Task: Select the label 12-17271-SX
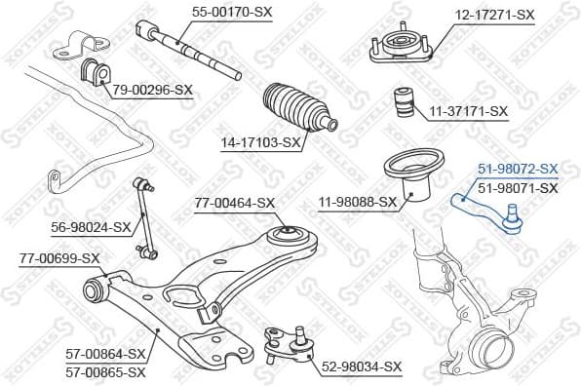pyautogui.click(x=496, y=15)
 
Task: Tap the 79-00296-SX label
pyautogui.click(x=152, y=90)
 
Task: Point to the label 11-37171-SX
pyautogui.click(x=469, y=111)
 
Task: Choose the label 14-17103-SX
pyautogui.click(x=260, y=141)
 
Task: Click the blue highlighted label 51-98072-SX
pyautogui.click(x=518, y=169)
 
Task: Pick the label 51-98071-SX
pyautogui.click(x=518, y=187)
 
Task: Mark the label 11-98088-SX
pyautogui.click(x=357, y=203)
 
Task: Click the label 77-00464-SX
pyautogui.click(x=235, y=203)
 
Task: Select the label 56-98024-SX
pyautogui.click(x=90, y=227)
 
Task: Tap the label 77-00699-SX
pyautogui.click(x=58, y=257)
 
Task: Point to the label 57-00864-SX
pyautogui.click(x=105, y=353)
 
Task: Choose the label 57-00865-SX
pyautogui.click(x=105, y=371)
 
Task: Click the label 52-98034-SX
pyautogui.click(x=361, y=367)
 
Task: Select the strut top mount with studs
pyautogui.click(x=400, y=46)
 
